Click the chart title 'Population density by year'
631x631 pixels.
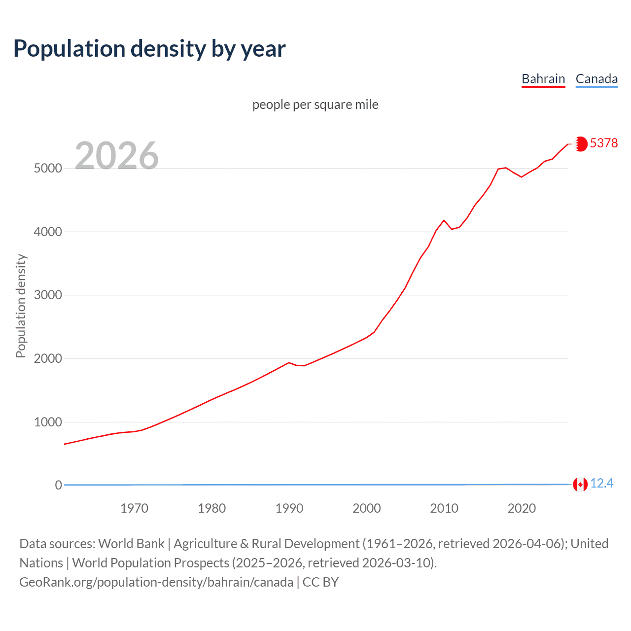pos(149,49)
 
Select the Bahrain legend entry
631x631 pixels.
pos(543,79)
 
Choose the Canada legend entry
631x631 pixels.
pos(596,79)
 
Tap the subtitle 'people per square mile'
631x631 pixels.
pos(315,105)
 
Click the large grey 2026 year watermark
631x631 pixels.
pos(117,156)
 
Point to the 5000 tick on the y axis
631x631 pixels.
pos(48,168)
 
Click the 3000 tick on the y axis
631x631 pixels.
pos(48,295)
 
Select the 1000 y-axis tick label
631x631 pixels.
pos(48,422)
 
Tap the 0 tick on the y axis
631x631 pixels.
pos(58,485)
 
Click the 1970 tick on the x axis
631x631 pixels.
pos(134,508)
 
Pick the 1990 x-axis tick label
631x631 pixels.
pos(289,508)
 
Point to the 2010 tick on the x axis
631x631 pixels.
pos(444,508)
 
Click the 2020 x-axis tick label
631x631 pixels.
pos(522,508)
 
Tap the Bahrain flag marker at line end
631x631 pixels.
pos(581,143)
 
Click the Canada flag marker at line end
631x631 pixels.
pos(580,485)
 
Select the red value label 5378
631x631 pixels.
pos(604,143)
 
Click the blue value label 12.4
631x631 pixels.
pos(601,484)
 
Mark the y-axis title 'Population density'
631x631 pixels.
pos(21,306)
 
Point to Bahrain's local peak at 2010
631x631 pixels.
pos(444,220)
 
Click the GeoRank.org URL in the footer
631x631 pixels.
pos(156,582)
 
